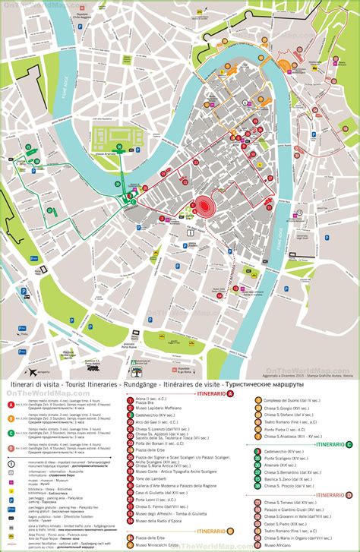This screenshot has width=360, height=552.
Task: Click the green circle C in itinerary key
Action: [11, 433]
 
